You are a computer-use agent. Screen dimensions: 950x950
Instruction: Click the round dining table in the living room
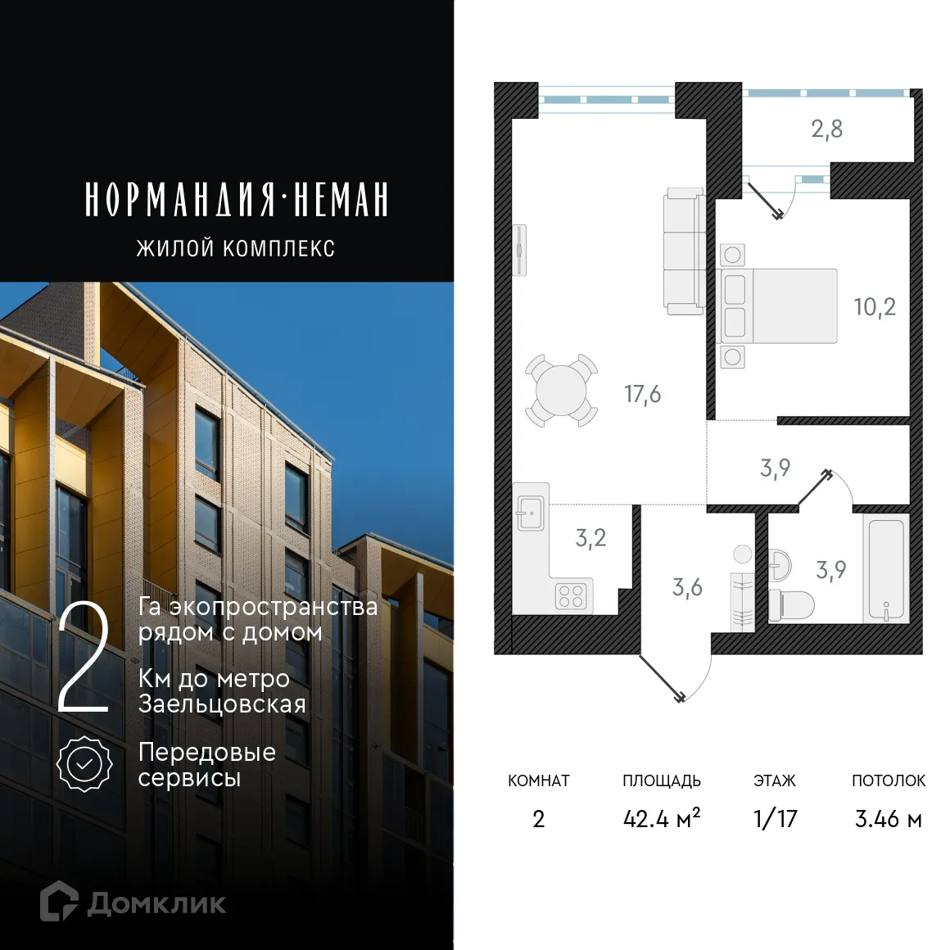click(561, 391)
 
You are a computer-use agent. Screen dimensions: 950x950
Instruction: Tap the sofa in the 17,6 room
click(684, 251)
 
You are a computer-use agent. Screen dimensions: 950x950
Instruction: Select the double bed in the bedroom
click(779, 305)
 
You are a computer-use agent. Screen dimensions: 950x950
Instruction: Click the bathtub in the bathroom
click(886, 568)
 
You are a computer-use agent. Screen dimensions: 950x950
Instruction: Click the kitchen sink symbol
click(531, 514)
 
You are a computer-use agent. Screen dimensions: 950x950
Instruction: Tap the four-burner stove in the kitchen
click(570, 595)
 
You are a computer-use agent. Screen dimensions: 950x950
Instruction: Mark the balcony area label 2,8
click(826, 129)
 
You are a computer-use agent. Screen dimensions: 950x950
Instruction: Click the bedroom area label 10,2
click(875, 307)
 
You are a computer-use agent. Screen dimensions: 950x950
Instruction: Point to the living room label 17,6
click(642, 395)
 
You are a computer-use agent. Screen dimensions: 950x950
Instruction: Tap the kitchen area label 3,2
click(590, 538)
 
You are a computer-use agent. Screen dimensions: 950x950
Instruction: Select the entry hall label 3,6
click(687, 587)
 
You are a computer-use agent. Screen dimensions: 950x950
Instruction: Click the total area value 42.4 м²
click(662, 818)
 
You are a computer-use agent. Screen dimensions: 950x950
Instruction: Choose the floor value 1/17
click(775, 818)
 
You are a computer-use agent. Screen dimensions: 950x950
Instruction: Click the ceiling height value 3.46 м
click(888, 818)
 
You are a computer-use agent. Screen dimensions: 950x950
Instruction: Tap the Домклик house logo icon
click(59, 902)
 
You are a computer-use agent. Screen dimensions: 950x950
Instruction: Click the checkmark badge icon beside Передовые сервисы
click(84, 763)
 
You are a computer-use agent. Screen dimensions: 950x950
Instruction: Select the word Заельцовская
click(222, 704)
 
